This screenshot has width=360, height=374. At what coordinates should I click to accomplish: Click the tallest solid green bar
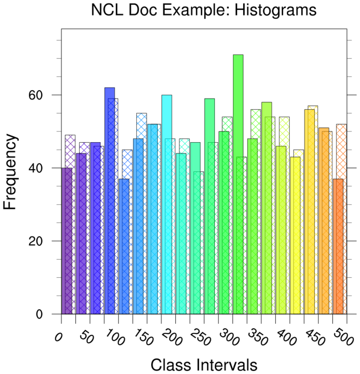(238, 184)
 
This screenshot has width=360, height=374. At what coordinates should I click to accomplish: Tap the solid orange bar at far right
(338, 247)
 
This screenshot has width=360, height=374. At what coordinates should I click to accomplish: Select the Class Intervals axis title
(204, 365)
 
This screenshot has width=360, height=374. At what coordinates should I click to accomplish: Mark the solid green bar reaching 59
(209, 206)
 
